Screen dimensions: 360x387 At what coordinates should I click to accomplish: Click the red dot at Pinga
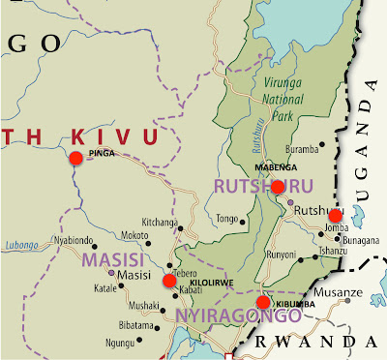75,159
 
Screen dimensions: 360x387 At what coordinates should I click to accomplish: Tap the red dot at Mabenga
278,187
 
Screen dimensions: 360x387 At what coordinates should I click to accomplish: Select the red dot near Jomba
335,215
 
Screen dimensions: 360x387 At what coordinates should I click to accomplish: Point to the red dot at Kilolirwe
169,281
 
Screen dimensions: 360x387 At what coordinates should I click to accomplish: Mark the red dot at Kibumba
263,303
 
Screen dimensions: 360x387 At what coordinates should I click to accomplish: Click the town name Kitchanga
161,222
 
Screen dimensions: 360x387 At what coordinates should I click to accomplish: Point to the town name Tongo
226,218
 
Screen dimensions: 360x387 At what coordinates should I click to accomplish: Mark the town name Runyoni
282,255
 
